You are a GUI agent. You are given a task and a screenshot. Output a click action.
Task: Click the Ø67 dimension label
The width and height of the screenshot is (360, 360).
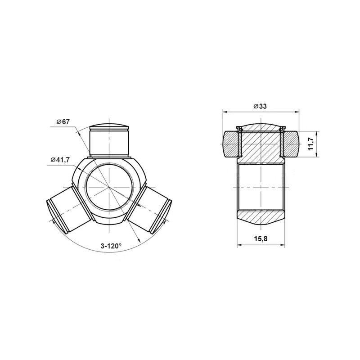63,121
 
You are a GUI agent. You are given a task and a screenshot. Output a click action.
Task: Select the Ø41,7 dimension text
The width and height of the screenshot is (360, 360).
60,160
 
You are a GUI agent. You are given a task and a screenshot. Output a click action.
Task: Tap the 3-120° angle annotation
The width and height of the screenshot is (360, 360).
111,246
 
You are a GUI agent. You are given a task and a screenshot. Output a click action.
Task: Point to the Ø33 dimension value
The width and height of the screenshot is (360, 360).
260,106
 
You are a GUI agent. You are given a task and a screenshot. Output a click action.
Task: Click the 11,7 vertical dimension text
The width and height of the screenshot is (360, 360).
311,144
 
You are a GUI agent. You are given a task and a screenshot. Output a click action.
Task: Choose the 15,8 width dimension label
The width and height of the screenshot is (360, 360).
261,239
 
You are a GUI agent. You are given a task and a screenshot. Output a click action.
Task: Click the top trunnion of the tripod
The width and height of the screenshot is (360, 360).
109,140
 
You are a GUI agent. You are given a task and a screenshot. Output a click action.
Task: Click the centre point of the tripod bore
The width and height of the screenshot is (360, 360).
109,187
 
